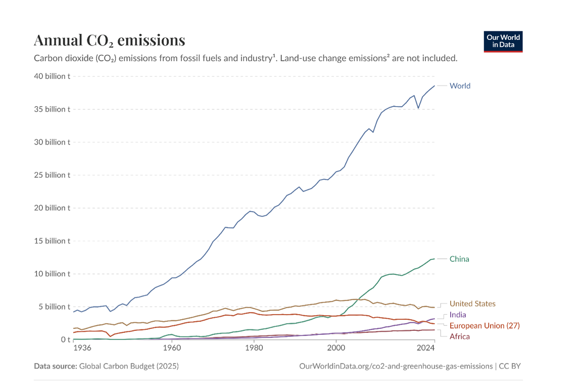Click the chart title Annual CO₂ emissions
(109, 40)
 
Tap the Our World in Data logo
(503, 41)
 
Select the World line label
(460, 86)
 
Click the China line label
(459, 259)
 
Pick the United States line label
(472, 304)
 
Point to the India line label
(458, 315)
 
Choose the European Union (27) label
(484, 326)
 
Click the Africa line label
(460, 336)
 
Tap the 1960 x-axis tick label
(172, 348)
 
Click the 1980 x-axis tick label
(254, 348)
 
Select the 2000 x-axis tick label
(336, 348)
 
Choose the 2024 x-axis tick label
(426, 348)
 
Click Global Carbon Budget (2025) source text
(129, 366)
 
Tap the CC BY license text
(510, 366)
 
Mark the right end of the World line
(434, 86)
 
